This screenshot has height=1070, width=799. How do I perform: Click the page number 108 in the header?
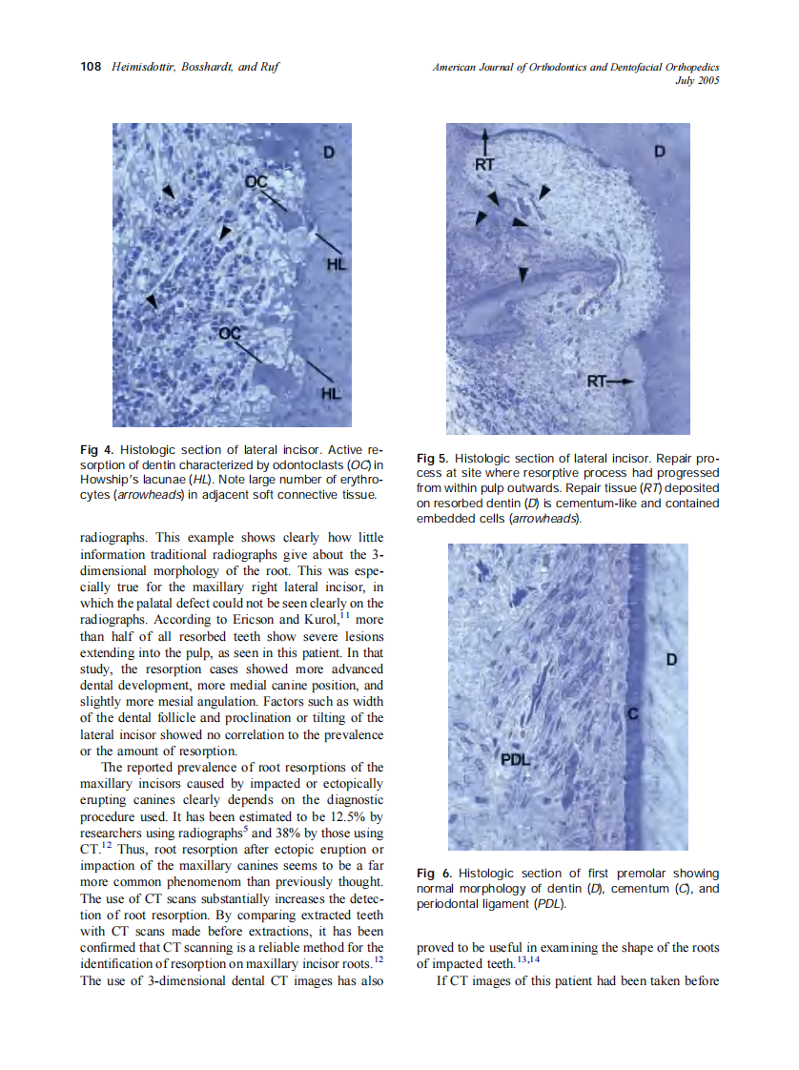tap(91, 67)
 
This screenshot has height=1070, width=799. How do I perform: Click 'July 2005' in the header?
tap(696, 81)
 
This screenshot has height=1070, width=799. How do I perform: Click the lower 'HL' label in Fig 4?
tap(327, 392)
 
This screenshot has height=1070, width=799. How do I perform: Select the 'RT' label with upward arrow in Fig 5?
tap(485, 163)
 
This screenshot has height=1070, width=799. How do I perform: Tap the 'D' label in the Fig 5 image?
tap(659, 152)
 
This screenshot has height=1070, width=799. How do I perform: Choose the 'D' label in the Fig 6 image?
tap(670, 660)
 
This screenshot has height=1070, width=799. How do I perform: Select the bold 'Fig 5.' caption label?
tap(435, 458)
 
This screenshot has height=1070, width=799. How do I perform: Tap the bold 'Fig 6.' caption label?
tap(435, 874)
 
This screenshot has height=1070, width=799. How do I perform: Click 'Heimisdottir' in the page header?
tap(141, 67)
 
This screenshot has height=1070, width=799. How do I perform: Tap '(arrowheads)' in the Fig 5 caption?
tap(544, 519)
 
